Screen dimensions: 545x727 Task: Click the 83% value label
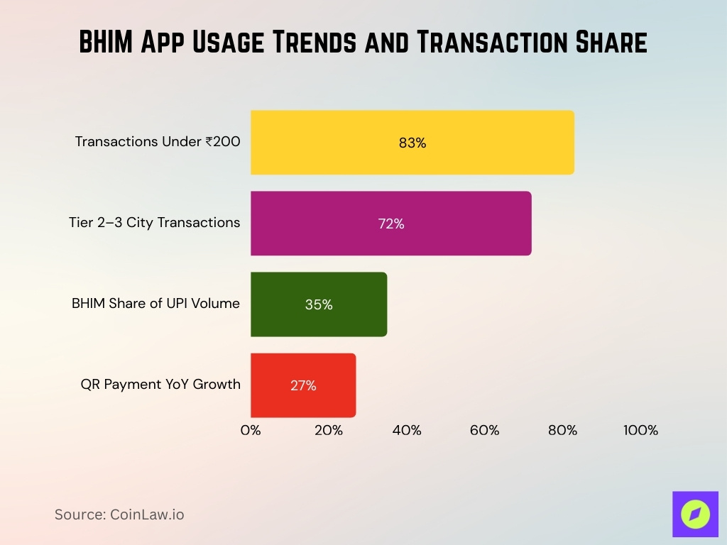[412, 143]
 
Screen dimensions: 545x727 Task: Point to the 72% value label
[391, 224]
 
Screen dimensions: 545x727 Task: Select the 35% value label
[319, 304]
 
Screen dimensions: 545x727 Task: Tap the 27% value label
[303, 385]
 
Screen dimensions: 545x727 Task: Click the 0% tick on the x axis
[251, 430]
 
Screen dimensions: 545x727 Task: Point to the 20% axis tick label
[329, 430]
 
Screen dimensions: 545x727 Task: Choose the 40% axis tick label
[407, 430]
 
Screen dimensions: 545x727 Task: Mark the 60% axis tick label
[484, 430]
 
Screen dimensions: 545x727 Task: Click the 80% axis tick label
[562, 430]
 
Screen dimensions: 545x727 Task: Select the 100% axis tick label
[640, 430]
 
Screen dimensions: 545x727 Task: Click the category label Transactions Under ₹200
[158, 141]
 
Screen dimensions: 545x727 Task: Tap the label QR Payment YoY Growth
[160, 384]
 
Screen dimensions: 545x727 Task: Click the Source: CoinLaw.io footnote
[119, 514]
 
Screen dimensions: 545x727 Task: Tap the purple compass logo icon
[695, 514]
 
